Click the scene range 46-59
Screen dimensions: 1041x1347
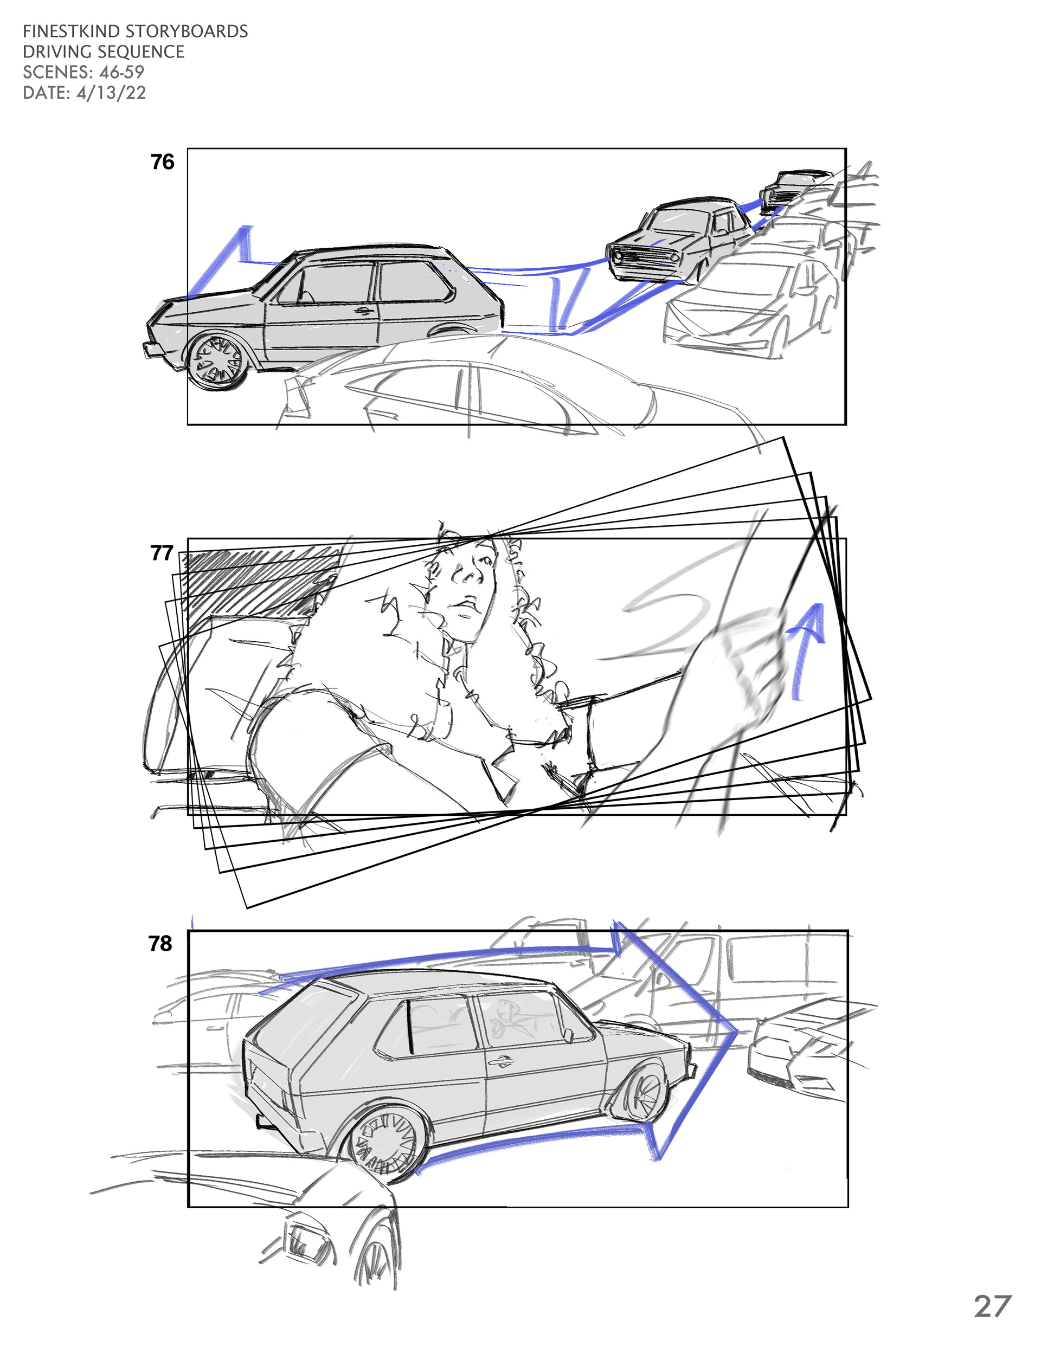(x=121, y=72)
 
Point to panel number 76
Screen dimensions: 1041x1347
(x=162, y=162)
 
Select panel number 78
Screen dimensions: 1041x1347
(x=160, y=944)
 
